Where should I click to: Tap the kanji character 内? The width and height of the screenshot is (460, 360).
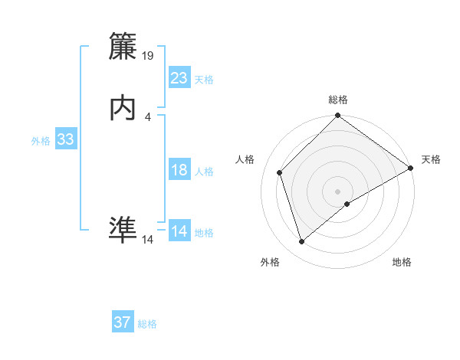(x=123, y=109)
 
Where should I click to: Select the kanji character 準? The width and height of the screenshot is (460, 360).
(x=123, y=231)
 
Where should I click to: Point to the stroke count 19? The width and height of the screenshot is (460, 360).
(x=149, y=56)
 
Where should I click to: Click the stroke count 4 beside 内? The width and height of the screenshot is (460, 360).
(x=147, y=116)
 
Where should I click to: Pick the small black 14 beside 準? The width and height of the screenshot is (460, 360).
(x=148, y=240)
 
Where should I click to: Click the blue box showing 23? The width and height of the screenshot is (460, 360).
(x=179, y=78)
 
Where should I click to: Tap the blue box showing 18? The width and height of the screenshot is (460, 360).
(x=179, y=170)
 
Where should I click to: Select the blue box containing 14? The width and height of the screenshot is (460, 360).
(x=179, y=231)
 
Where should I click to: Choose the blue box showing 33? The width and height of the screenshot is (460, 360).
(x=65, y=139)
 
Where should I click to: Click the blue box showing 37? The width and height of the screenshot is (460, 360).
(x=122, y=322)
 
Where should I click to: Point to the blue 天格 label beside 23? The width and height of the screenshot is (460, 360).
(x=204, y=80)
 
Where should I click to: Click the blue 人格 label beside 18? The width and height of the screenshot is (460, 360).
(x=204, y=172)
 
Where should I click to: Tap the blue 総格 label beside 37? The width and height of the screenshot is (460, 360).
(x=147, y=324)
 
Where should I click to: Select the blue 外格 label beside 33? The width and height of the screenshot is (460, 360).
(x=41, y=141)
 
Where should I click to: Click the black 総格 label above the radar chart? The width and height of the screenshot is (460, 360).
(x=337, y=100)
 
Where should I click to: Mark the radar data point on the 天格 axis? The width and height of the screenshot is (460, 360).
(x=411, y=169)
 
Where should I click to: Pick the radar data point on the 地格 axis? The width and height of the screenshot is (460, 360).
(x=347, y=204)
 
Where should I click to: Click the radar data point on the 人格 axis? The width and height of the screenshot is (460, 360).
(x=280, y=172)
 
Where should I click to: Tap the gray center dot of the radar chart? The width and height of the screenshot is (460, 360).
(x=337, y=191)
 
